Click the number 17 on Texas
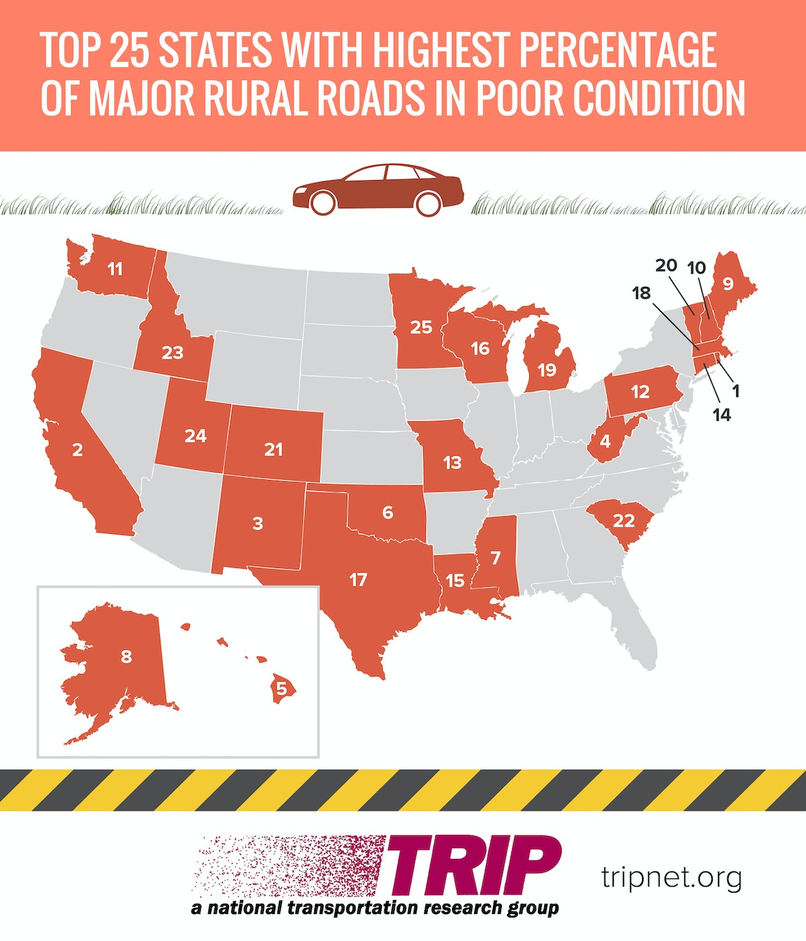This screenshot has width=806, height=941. click(358, 579)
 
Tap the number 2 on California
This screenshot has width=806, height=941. click(77, 449)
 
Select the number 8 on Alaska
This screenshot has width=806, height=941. click(126, 656)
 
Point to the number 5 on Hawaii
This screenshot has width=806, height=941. click(281, 688)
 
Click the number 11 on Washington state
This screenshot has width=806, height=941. click(115, 269)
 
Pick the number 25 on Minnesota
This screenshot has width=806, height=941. click(421, 327)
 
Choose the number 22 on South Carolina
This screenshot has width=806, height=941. click(624, 520)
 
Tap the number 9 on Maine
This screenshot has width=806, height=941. click(727, 284)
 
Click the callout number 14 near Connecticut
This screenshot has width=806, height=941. click(721, 415)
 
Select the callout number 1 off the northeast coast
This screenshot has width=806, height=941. click(735, 390)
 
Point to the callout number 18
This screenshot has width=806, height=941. click(641, 293)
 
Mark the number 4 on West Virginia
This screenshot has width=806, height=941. click(605, 442)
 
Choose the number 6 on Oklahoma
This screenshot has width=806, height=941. click(388, 512)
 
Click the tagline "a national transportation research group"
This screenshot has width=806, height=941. click(375, 908)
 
